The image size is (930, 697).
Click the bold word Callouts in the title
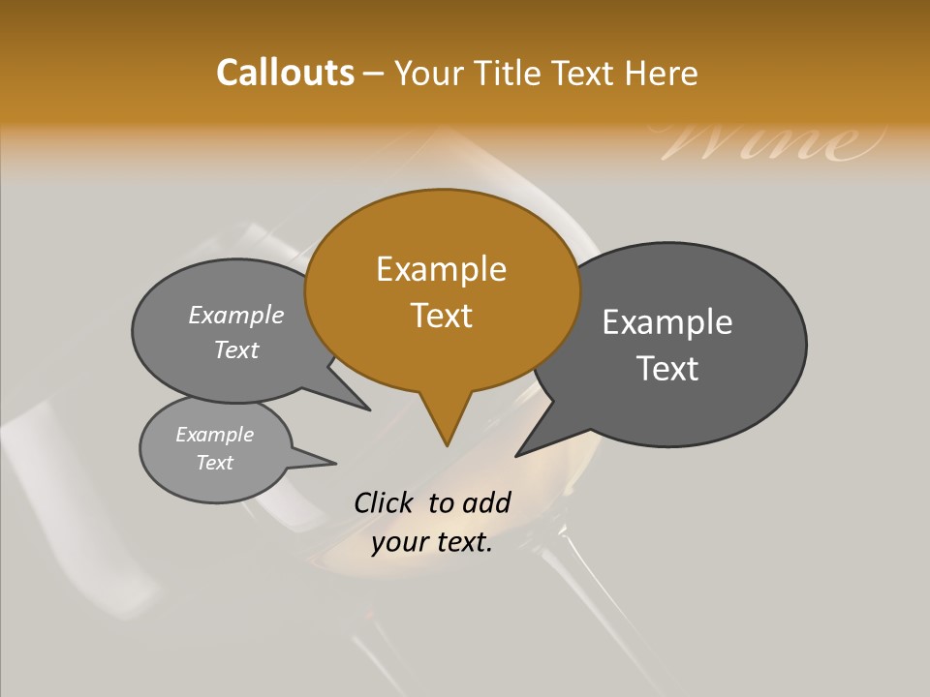point(285,73)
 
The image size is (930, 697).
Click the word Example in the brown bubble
point(441,269)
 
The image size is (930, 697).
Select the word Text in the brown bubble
point(441,316)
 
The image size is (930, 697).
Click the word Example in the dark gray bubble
point(667,322)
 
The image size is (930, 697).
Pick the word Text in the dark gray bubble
point(667,369)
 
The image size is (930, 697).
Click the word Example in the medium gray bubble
point(236,316)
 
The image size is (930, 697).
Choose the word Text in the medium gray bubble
point(236,349)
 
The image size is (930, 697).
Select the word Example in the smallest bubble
point(215,435)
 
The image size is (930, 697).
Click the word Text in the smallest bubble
point(215,463)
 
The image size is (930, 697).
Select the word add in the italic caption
point(486,502)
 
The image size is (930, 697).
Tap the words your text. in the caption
point(432,543)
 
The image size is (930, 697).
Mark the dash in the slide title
point(375,74)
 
